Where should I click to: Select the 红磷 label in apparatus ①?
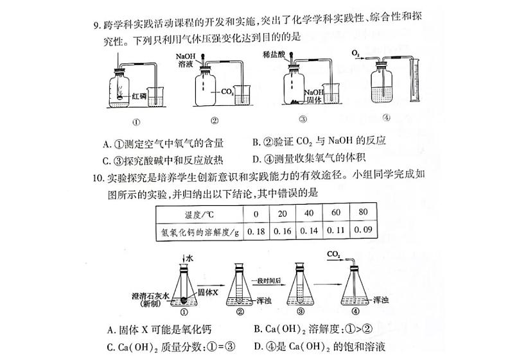pos(139,96)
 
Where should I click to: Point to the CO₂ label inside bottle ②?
pos(227,92)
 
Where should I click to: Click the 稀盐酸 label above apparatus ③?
pos(274,56)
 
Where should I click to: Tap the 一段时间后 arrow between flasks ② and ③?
pos(267,284)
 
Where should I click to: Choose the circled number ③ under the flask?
pos(301,312)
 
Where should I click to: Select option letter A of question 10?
pos(112,331)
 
